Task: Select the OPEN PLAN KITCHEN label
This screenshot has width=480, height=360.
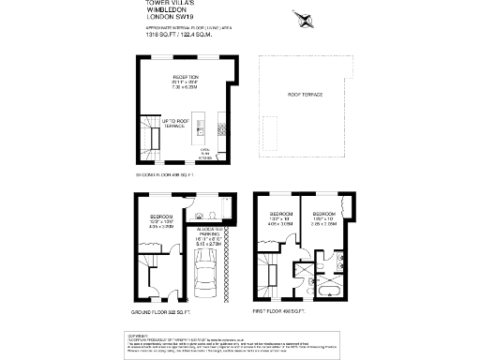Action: (x=205, y=153)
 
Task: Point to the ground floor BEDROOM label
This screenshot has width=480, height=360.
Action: (x=155, y=220)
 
